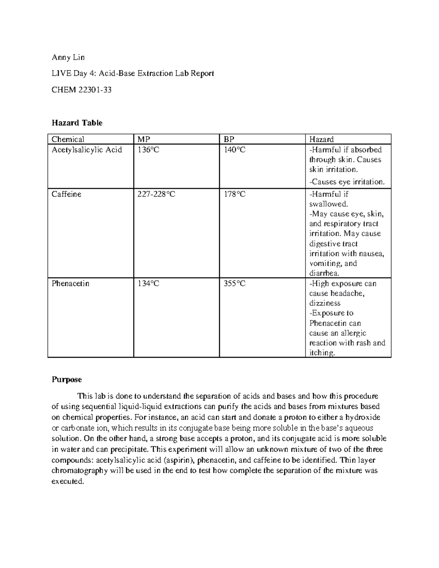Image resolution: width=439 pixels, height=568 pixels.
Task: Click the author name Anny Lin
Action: coord(68,57)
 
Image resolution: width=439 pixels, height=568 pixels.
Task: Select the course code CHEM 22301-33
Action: coord(81,90)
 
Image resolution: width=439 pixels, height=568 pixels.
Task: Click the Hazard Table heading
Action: coord(77,123)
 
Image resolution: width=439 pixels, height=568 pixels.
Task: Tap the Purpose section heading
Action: coord(67,379)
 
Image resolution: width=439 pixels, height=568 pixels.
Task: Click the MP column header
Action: coord(144,139)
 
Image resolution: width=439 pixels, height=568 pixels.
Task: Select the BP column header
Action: coord(229,139)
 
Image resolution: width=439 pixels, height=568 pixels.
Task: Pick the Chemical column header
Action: coord(68,139)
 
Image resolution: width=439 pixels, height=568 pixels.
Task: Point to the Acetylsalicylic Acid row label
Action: coord(87,150)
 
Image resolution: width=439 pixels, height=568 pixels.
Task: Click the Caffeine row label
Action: coord(66,194)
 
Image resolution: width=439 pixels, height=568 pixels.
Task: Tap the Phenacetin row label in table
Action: coord(70,283)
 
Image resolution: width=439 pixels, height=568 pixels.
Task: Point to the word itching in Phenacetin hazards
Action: coord(322,353)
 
